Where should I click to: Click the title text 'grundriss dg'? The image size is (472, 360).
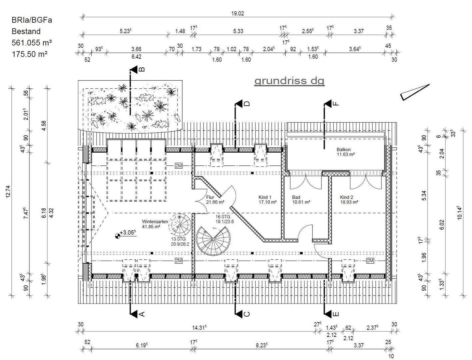click(289, 81)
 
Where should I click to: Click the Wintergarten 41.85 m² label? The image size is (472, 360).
click(155, 224)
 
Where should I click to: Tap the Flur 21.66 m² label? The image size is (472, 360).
click(215, 199)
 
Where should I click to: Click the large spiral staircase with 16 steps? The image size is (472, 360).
click(213, 241)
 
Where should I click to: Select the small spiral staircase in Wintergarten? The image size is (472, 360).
click(180, 225)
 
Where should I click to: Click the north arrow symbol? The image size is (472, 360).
click(415, 92)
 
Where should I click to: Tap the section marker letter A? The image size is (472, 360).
click(142, 314)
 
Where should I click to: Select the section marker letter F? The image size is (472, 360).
click(336, 104)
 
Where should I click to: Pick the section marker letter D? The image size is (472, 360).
click(247, 104)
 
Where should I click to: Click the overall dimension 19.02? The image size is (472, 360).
click(237, 14)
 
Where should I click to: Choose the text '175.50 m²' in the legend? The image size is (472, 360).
click(29, 54)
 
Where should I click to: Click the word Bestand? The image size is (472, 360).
click(26, 31)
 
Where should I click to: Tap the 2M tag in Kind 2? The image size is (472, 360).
click(370, 261)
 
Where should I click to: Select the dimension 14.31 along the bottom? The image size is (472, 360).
click(199, 328)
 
